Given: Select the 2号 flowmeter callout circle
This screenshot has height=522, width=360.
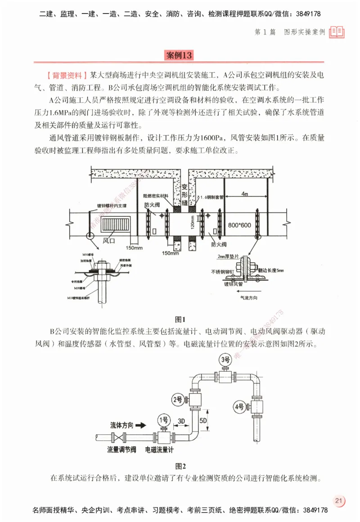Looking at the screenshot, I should pos(178,399).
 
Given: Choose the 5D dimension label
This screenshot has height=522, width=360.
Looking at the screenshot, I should pos(202,419).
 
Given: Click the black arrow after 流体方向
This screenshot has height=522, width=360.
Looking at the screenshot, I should pos(140,424).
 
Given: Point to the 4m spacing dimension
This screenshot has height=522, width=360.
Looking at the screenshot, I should pos(245,194).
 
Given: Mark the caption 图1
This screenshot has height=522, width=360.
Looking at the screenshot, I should pos(180,319).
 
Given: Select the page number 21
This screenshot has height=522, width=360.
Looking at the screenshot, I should pos(339,501).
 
